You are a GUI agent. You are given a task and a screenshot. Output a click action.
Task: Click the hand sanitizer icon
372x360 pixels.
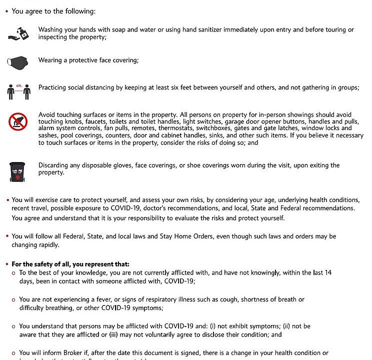(x=18, y=33)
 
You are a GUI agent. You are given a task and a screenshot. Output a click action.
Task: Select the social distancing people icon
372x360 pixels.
(x=18, y=91)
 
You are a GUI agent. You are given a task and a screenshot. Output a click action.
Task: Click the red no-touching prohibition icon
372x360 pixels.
(x=18, y=121)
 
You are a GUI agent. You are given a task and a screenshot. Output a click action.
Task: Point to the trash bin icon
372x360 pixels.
(x=18, y=171)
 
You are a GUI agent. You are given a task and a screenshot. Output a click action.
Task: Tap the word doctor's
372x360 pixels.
(x=169, y=207)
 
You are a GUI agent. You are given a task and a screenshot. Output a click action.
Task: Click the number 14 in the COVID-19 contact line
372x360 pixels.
(x=327, y=272)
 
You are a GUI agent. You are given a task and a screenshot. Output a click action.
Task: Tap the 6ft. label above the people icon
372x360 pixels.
(x=19, y=85)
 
